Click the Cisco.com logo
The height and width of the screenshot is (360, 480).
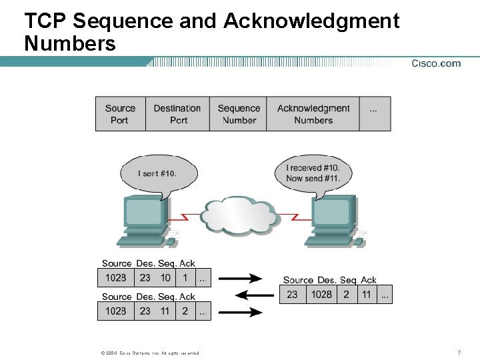pos(435,63)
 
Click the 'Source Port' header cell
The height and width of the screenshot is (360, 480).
pos(120,114)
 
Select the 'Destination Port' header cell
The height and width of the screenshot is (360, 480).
pos(177,114)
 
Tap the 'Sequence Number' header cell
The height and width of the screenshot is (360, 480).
pos(239,114)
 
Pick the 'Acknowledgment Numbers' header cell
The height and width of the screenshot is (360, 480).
pos(313,114)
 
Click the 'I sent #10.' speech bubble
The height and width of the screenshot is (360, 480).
pos(158,173)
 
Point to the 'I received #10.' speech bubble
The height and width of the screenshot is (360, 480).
pos(313,173)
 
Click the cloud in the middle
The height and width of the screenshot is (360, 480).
pos(239,215)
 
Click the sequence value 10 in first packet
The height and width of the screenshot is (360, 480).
pos(165,277)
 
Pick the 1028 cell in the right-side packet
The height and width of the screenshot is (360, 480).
pos(321,294)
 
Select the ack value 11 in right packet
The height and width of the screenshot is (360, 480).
pos(367,294)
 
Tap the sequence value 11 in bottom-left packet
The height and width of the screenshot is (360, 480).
pos(165,311)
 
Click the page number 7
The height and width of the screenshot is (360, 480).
pos(459,352)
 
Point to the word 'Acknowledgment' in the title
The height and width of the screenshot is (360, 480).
pos(311,21)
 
